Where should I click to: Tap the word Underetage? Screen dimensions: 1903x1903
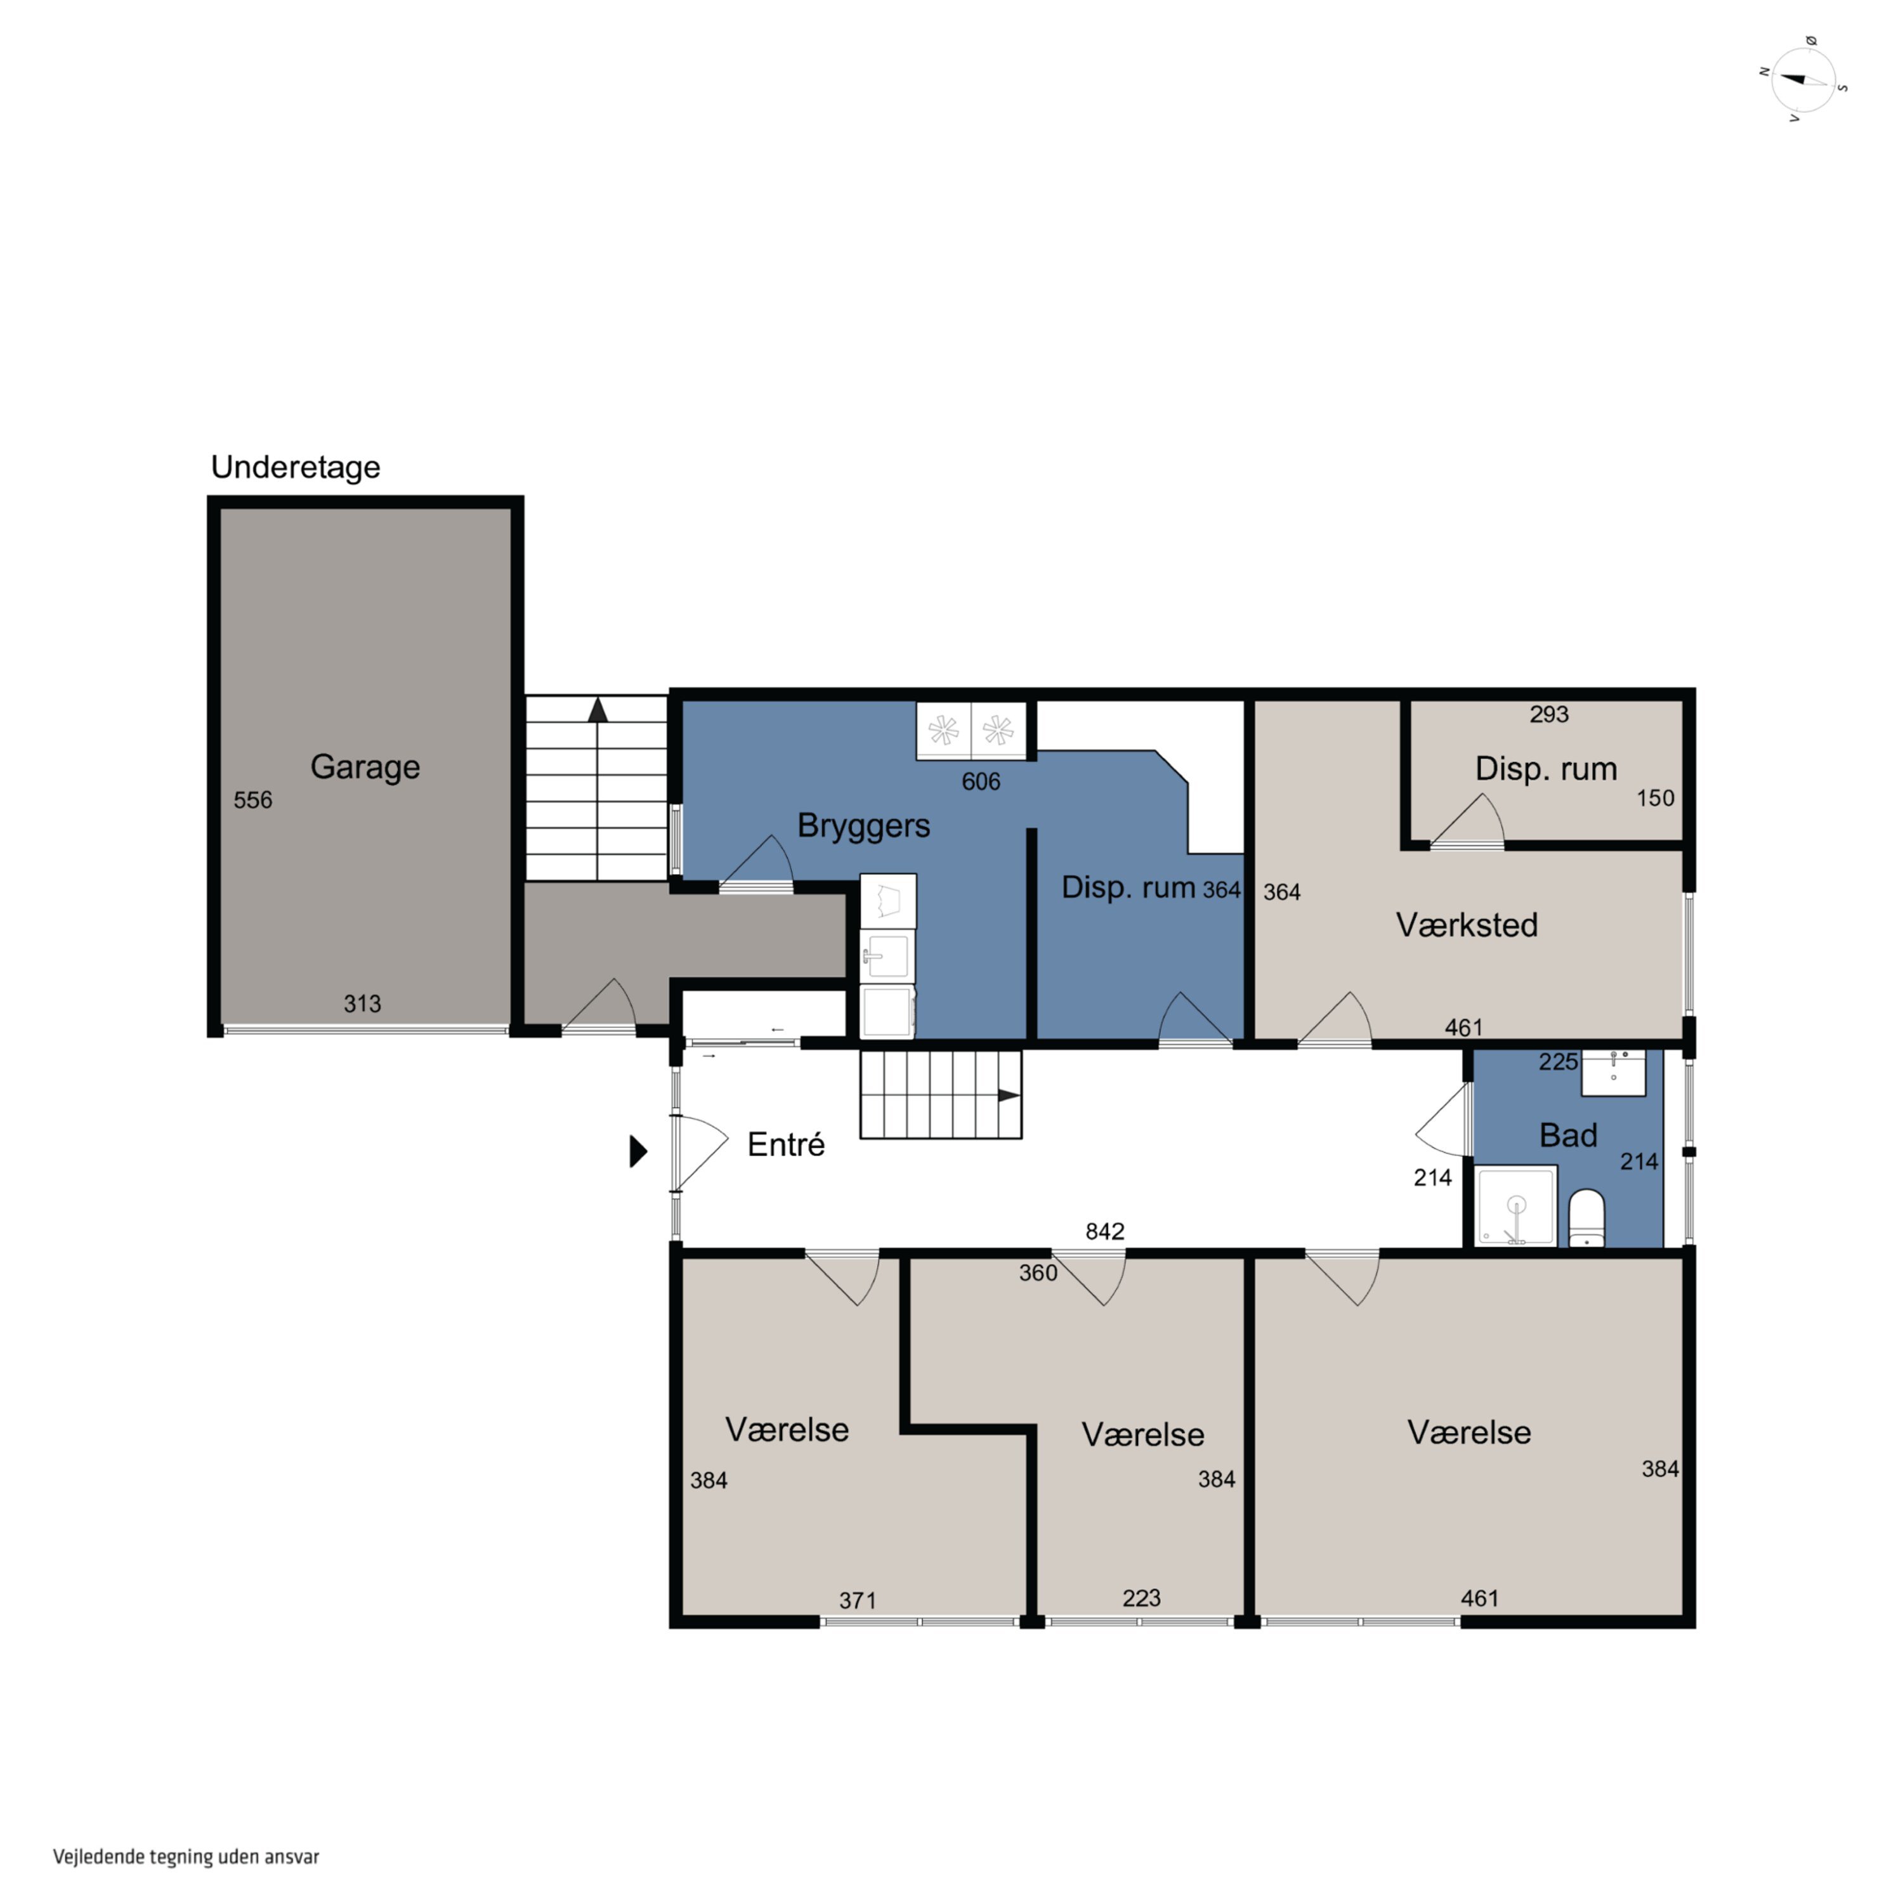[x=296, y=467]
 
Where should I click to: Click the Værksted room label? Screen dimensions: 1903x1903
[x=1467, y=924]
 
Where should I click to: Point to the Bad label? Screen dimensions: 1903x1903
[x=1568, y=1135]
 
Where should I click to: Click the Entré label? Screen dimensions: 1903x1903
[x=786, y=1144]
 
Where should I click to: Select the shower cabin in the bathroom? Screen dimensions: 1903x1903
[x=1516, y=1207]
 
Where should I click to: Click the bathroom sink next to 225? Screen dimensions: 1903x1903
[x=1613, y=1073]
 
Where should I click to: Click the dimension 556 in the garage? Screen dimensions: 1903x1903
[x=253, y=800]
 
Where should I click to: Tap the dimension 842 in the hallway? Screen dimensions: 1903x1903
[x=1104, y=1231]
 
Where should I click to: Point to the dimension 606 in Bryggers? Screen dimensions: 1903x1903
[x=981, y=782]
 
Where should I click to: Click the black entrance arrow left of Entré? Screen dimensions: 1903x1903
[x=638, y=1151]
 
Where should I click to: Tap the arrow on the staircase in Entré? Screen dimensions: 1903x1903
[x=1010, y=1095]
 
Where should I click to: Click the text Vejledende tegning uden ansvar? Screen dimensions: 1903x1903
[x=186, y=1857]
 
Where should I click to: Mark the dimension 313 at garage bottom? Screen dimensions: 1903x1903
[x=362, y=1004]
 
